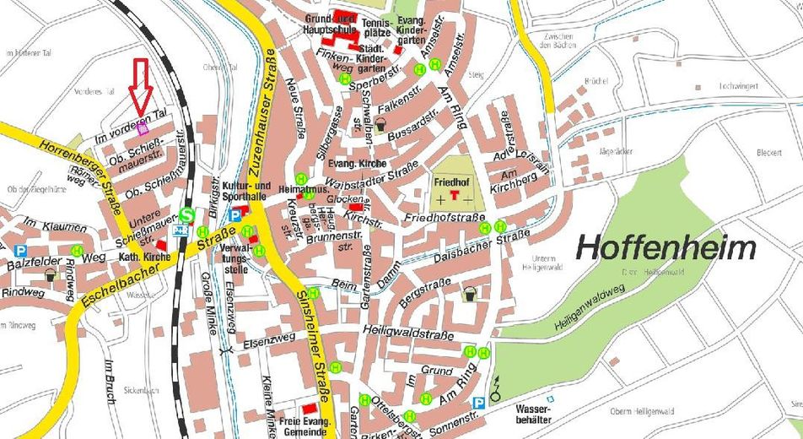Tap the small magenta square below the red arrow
(x=143, y=129)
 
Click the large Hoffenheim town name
(x=666, y=248)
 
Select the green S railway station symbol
(x=186, y=214)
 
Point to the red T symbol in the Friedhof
(x=455, y=196)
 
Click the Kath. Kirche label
(x=139, y=257)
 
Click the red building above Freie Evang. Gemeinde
(x=310, y=409)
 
